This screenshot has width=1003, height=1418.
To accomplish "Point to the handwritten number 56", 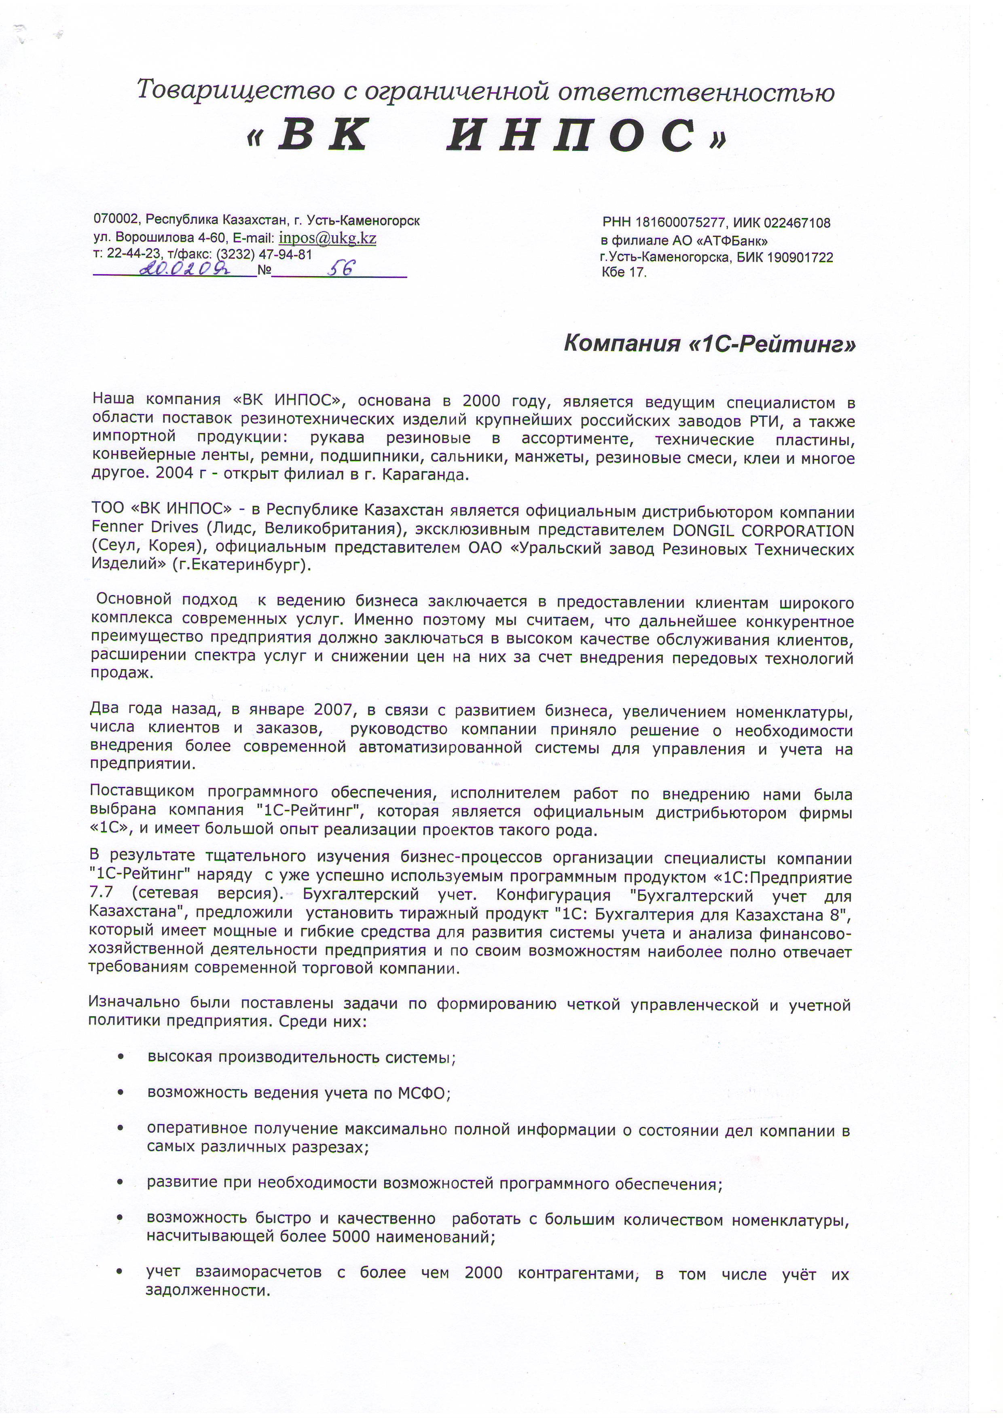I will pos(341,268).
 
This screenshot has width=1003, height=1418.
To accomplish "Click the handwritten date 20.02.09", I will pos(185,268).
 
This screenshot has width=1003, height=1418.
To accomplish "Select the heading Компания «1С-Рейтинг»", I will pos(710,343).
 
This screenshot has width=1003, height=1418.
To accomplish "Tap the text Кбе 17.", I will pos(624,273).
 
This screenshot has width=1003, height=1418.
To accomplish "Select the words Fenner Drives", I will pos(144,527).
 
